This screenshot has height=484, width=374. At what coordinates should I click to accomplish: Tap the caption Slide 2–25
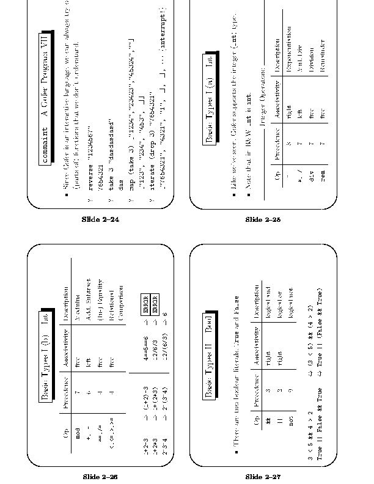tap(263, 219)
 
